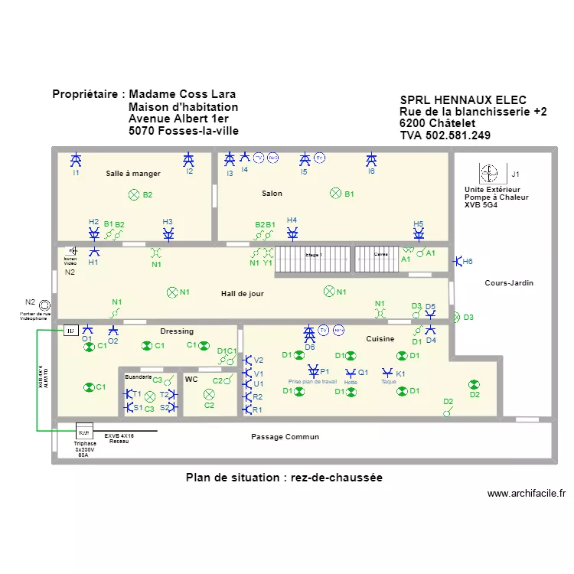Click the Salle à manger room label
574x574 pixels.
(x=133, y=174)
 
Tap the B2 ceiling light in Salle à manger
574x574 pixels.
(x=134, y=195)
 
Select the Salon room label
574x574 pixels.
(x=272, y=194)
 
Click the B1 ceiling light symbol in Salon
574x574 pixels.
(x=334, y=194)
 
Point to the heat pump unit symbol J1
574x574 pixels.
(x=489, y=174)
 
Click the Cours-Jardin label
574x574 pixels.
(x=509, y=283)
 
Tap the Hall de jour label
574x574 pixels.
(x=243, y=293)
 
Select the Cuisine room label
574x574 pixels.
(x=380, y=339)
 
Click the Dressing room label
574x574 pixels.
(x=177, y=331)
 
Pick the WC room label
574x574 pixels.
(x=191, y=379)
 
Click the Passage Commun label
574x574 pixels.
(x=285, y=437)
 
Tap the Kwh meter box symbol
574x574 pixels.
(x=84, y=432)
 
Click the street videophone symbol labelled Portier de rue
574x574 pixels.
(x=45, y=305)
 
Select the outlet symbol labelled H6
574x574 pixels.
(x=457, y=262)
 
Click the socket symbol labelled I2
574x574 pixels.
(x=189, y=160)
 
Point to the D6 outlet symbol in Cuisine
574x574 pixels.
(x=309, y=333)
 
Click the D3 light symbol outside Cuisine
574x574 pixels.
(x=457, y=318)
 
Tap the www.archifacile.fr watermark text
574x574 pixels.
(x=526, y=494)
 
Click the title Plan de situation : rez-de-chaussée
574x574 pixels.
(x=284, y=478)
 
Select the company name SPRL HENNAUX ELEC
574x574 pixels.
(x=463, y=100)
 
